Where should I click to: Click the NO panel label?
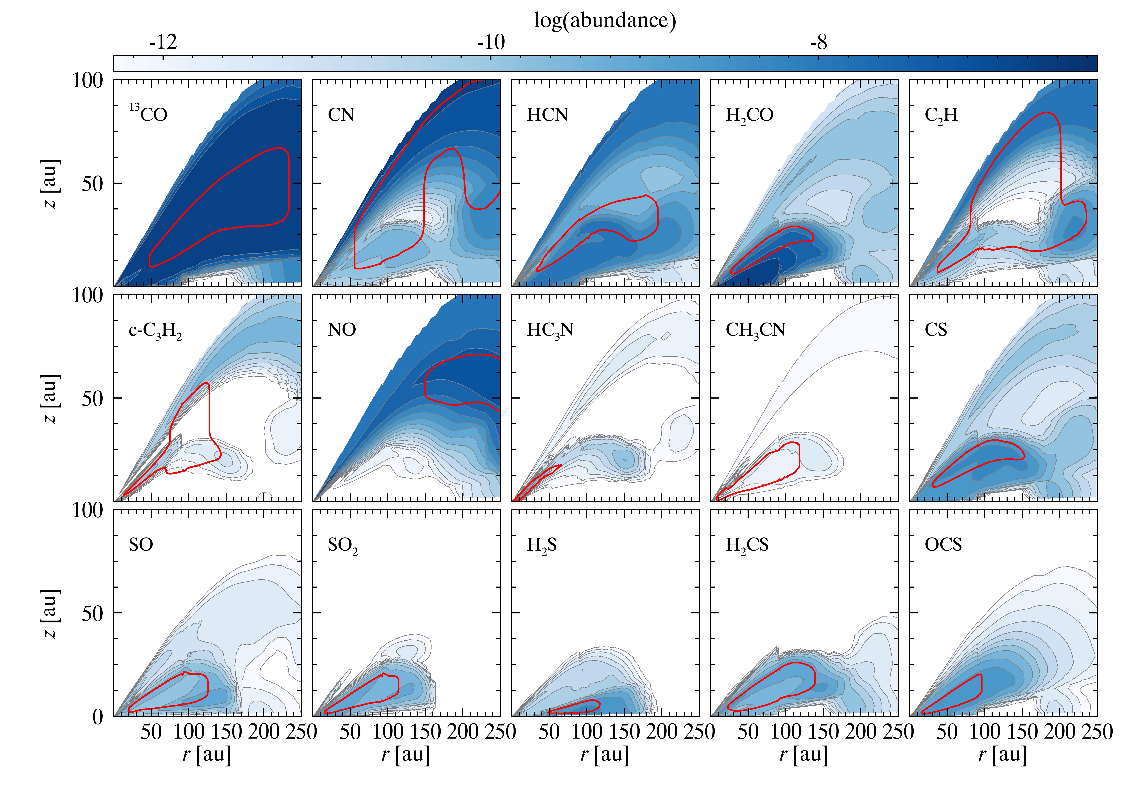[x=342, y=330]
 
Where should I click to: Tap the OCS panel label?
[x=943, y=545]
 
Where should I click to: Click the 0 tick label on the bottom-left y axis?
[x=98, y=717]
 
